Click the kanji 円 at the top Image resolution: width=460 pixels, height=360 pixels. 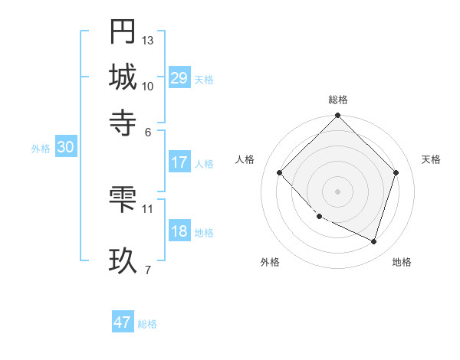[x=123, y=33]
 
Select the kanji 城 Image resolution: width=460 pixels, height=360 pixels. [x=123, y=77]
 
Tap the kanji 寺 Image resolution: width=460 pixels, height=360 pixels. [x=123, y=121]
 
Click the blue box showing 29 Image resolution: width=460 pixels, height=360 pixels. [x=179, y=78]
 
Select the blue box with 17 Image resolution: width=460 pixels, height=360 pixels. [x=179, y=162]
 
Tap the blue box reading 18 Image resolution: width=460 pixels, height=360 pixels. [x=179, y=232]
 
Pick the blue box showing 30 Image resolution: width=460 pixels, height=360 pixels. [x=65, y=148]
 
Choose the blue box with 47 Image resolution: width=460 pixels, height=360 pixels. [x=123, y=322]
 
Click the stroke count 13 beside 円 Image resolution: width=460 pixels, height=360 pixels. [x=148, y=40]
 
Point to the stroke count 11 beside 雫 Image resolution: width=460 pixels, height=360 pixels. [x=148, y=208]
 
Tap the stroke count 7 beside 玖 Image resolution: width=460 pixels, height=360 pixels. [x=148, y=269]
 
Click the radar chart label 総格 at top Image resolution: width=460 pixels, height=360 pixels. [x=338, y=100]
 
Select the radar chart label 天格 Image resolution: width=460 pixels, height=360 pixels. [x=431, y=159]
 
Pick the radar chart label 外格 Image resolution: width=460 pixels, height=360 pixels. [x=270, y=262]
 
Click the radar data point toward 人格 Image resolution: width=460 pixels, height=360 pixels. [x=280, y=173]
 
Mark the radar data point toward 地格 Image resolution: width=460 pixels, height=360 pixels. [x=373, y=241]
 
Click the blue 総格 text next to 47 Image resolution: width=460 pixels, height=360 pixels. [x=147, y=324]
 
